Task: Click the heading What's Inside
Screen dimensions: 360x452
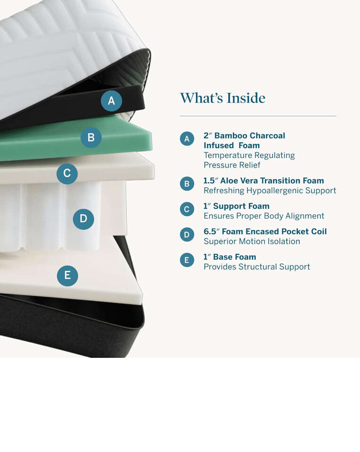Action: click(223, 98)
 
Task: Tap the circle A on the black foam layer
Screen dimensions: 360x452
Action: click(111, 101)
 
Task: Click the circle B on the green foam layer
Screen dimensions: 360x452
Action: click(91, 137)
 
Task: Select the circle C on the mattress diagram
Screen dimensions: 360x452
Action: click(67, 173)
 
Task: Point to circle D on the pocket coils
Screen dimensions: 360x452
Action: click(83, 219)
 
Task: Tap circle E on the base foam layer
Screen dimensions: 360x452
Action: click(67, 275)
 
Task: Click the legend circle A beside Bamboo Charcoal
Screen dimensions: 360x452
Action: click(187, 138)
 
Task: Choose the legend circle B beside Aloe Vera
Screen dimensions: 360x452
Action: click(187, 184)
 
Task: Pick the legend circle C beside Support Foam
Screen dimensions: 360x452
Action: click(187, 209)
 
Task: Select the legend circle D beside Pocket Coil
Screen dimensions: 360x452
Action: click(187, 234)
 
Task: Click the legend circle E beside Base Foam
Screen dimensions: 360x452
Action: click(187, 260)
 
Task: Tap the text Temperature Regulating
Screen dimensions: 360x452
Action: click(249, 155)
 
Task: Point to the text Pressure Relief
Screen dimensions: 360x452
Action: click(232, 165)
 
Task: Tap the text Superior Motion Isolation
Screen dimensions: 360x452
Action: click(252, 241)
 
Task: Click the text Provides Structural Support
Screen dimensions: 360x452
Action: click(257, 266)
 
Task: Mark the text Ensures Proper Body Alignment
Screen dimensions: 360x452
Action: click(264, 216)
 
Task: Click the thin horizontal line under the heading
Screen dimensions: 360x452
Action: click(258, 116)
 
